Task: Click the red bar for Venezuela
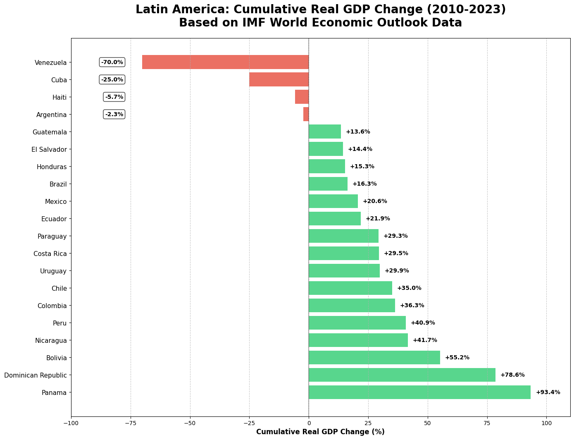[x=225, y=62]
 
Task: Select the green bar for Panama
[x=419, y=392]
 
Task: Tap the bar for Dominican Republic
[x=402, y=375]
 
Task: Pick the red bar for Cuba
[x=279, y=79]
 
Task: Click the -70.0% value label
[x=112, y=62]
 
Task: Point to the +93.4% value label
[x=548, y=392]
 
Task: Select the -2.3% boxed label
[x=114, y=114]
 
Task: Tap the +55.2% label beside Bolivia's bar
[x=457, y=358]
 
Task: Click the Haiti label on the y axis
[x=57, y=97]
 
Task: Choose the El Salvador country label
[x=49, y=149]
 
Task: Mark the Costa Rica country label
[x=50, y=253]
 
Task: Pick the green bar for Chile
[x=350, y=288]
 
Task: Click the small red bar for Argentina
[x=306, y=114]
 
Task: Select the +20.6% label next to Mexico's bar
[x=375, y=201]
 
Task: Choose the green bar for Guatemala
[x=325, y=132]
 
